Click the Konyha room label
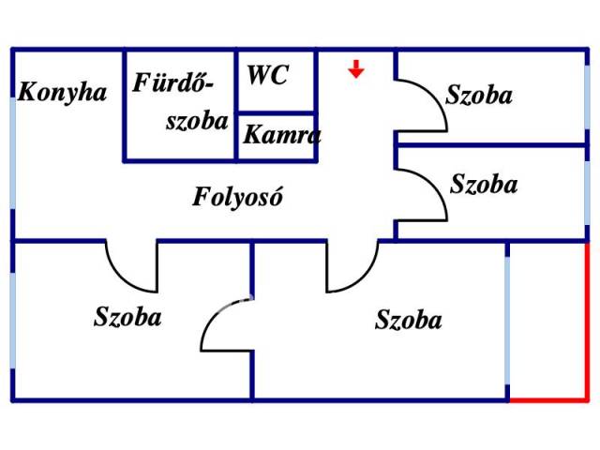tap(62, 92)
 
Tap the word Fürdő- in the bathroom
tap(173, 83)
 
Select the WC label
tap(268, 76)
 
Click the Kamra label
tap(281, 134)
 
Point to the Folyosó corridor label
tap(238, 198)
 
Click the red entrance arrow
tap(356, 68)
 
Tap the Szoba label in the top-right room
tap(479, 95)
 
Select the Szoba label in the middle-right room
tap(483, 184)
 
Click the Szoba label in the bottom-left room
tap(127, 316)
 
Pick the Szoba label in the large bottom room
tap(408, 320)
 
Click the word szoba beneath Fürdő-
tap(197, 120)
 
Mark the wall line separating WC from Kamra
tap(276, 112)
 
